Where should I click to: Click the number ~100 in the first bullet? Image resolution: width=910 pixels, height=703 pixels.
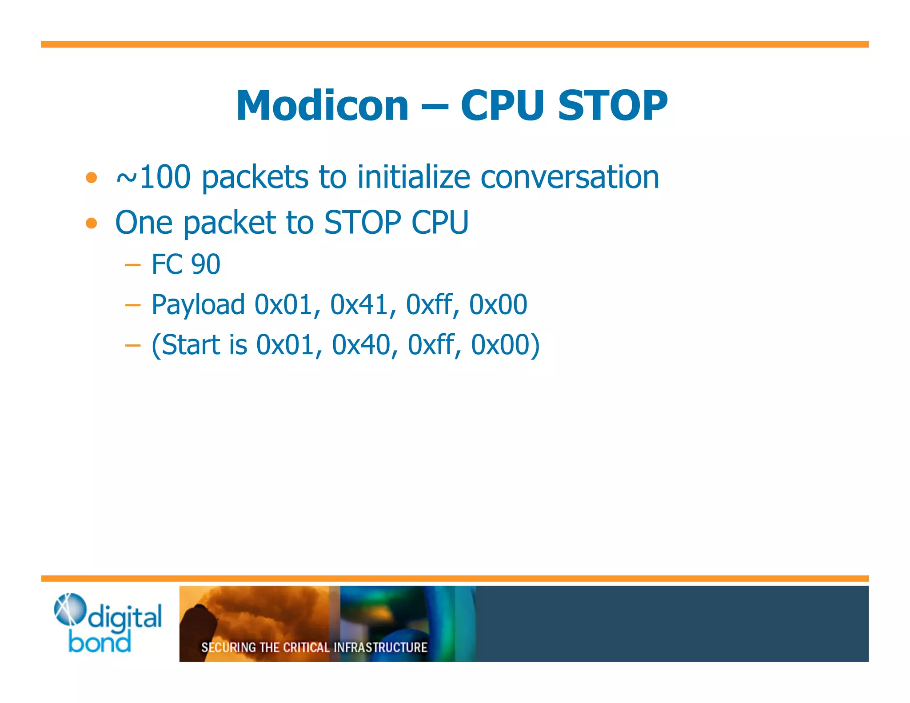click(153, 177)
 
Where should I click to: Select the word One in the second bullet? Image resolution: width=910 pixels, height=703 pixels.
click(144, 222)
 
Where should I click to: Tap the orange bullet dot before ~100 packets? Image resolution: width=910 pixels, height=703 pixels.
click(92, 178)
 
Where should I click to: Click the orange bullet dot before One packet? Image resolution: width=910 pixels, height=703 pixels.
click(92, 223)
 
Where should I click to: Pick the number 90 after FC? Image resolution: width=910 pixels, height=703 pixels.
click(206, 264)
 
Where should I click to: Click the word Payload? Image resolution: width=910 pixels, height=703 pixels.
click(198, 305)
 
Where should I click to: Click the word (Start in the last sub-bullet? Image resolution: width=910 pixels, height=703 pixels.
click(186, 345)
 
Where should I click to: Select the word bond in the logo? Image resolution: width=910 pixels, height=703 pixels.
click(100, 643)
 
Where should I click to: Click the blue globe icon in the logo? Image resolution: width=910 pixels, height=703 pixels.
click(69, 609)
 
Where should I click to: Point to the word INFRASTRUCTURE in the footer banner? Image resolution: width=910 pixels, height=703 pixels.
click(380, 647)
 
